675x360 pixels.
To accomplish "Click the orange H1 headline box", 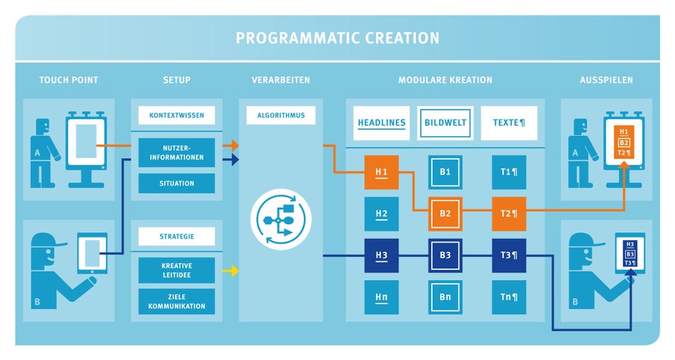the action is (x=381, y=172).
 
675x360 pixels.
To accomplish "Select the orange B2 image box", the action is (x=445, y=213).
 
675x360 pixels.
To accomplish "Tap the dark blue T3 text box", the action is (x=509, y=255).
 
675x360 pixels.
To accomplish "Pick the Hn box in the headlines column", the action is (x=381, y=297).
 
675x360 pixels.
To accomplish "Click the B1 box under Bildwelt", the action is (x=445, y=172).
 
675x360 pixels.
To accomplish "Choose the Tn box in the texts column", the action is (x=509, y=297).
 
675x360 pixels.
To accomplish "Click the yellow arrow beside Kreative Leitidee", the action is (x=230, y=271).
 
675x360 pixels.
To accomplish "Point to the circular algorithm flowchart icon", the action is (x=281, y=219).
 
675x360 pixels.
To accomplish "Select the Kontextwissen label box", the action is (x=176, y=115).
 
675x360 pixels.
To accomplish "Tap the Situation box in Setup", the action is (x=176, y=184).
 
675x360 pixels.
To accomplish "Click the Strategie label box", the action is (x=176, y=237).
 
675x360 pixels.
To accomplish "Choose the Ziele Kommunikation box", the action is (x=176, y=301).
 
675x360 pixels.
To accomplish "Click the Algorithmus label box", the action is (x=281, y=115).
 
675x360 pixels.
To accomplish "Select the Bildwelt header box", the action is (x=445, y=123).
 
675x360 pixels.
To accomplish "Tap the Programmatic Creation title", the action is (x=337, y=38).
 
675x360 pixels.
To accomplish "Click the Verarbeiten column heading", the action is (x=281, y=80).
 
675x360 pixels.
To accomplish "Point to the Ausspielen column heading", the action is (x=606, y=80).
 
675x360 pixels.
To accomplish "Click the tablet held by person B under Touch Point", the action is (x=92, y=253).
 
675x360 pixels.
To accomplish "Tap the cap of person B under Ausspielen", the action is (x=586, y=240).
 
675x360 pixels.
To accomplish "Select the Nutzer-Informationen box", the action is (x=176, y=152).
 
